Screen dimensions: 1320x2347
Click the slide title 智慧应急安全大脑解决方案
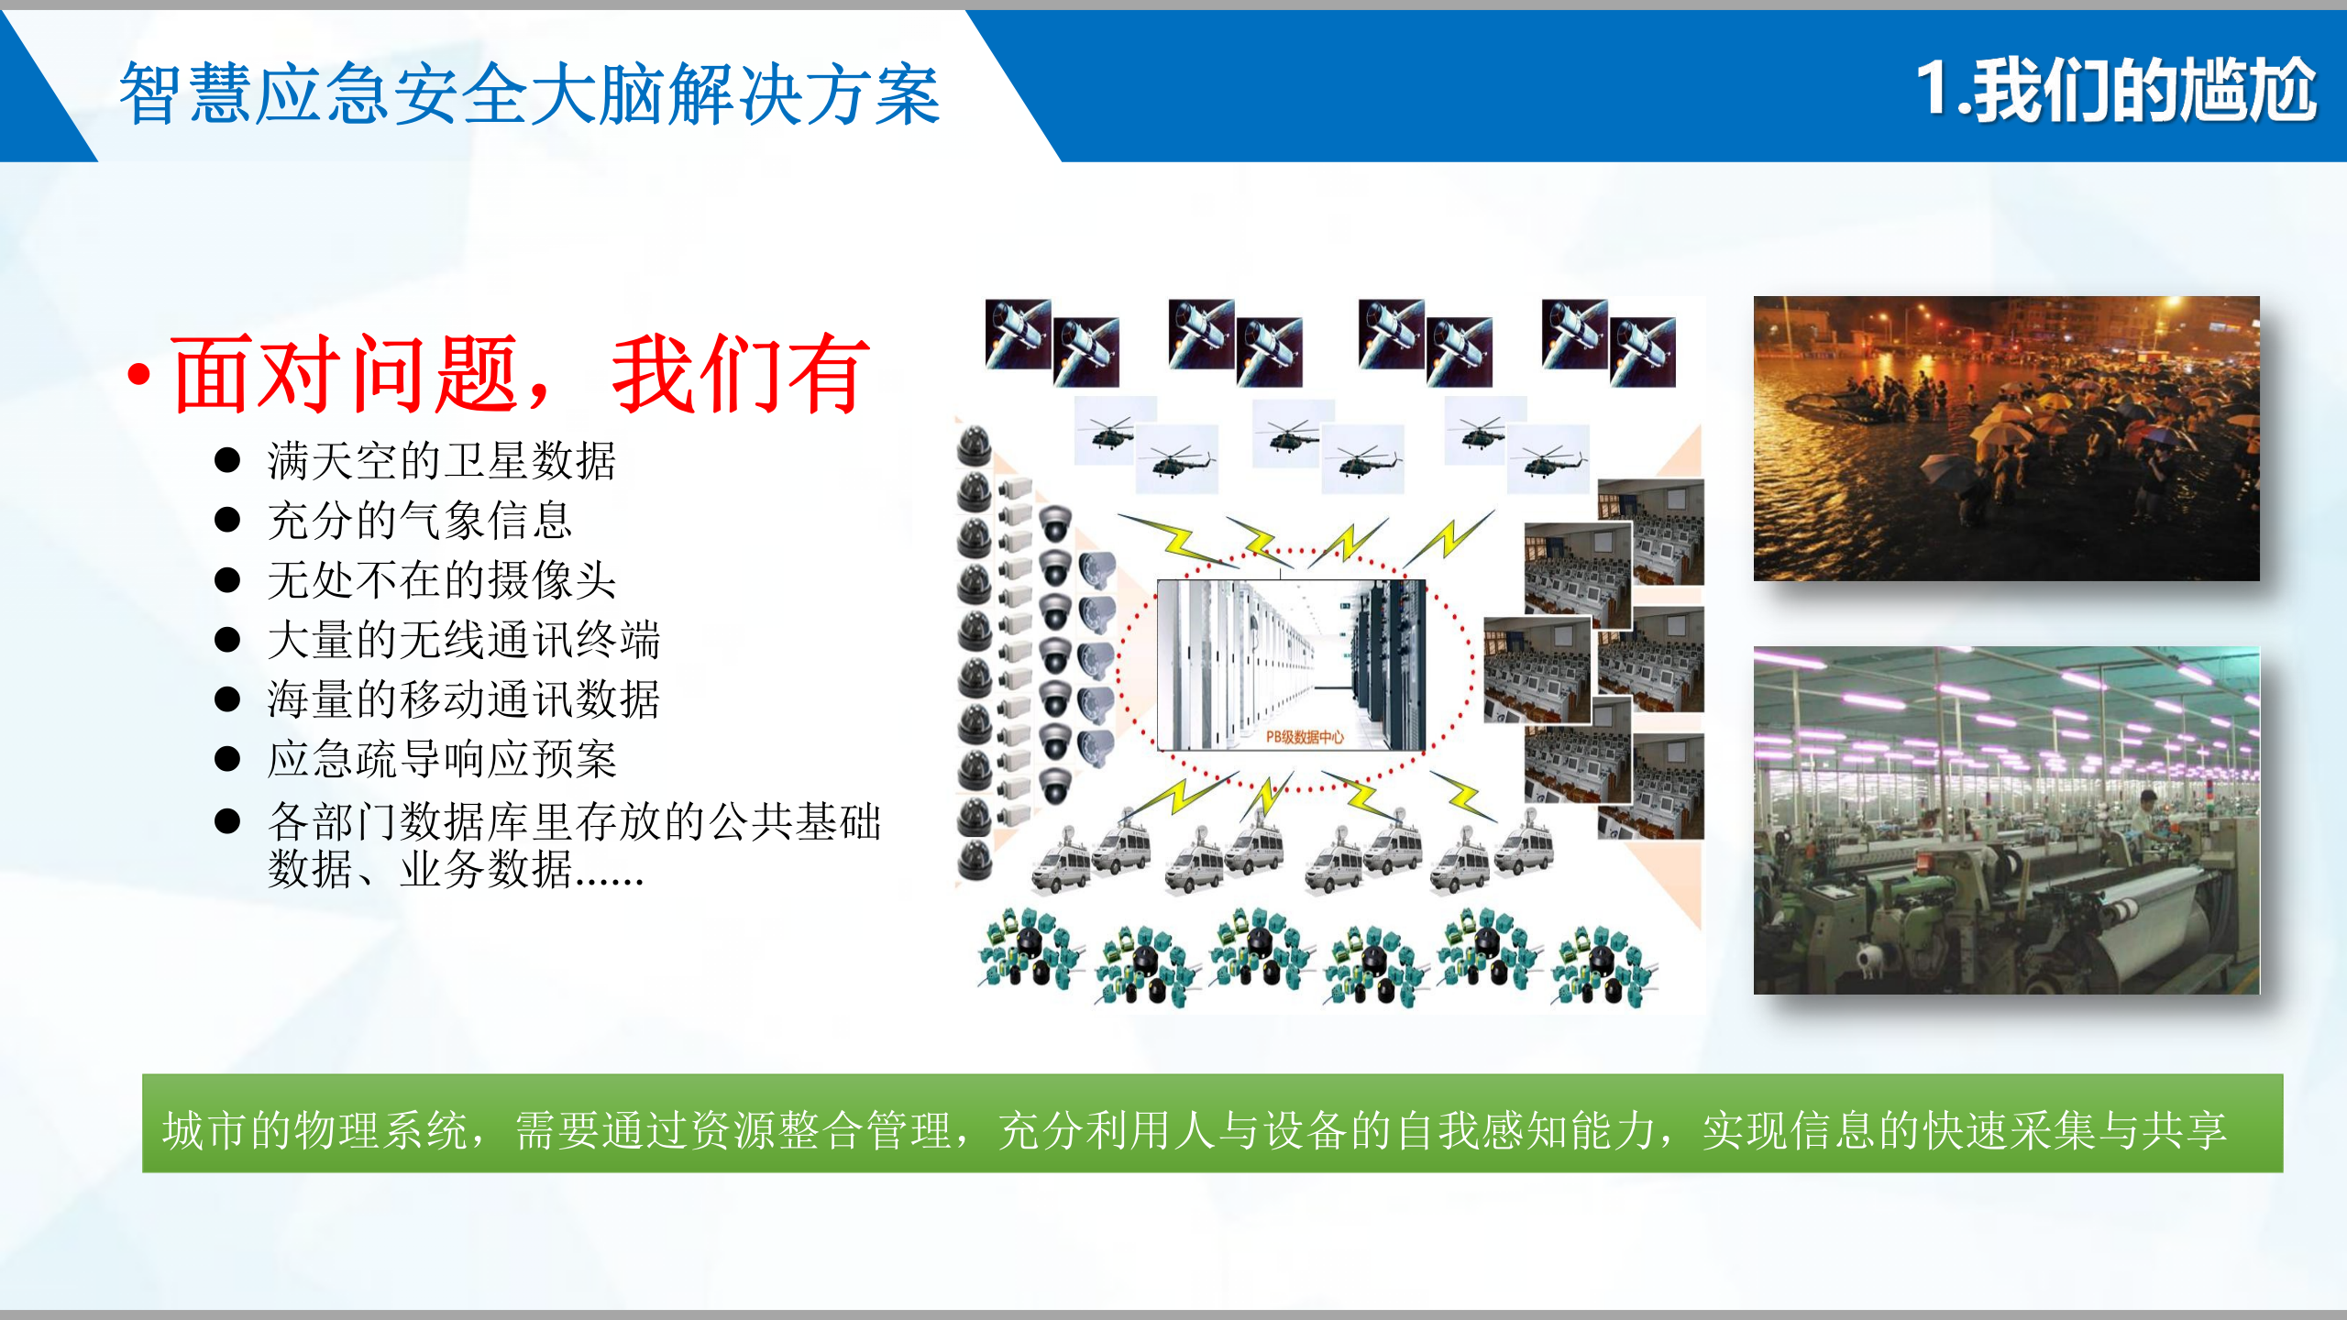click(529, 94)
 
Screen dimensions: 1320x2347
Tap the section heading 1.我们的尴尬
click(2115, 91)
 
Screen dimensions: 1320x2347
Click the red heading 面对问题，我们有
click(519, 374)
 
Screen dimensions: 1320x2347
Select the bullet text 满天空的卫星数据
click(441, 460)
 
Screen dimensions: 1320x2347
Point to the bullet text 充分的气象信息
click(420, 521)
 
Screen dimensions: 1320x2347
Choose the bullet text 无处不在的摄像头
click(441, 580)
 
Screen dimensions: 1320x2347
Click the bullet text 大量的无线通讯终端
click(463, 640)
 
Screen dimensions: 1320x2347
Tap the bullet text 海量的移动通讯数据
click(463, 699)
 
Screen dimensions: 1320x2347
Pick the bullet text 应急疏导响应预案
click(441, 759)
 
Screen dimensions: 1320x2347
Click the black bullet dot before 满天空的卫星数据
click(226, 460)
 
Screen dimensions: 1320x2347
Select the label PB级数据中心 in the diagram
click(1305, 737)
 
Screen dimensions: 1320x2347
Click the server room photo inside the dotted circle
click(1291, 660)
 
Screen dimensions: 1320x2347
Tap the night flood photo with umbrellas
click(2006, 438)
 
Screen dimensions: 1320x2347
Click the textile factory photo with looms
click(2006, 820)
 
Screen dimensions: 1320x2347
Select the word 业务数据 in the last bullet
click(486, 869)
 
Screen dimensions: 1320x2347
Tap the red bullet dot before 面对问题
click(139, 374)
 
